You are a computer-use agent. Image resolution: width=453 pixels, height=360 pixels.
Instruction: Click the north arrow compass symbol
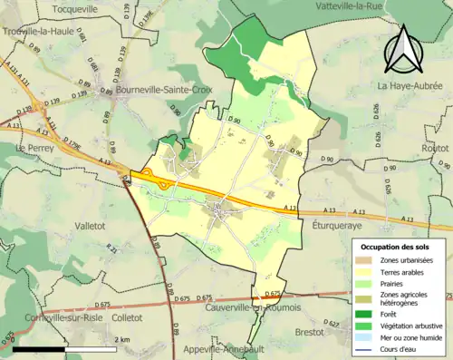coord(400,48)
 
